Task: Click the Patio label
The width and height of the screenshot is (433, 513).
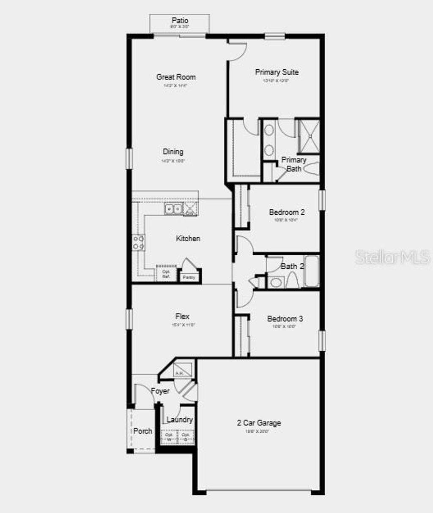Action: tap(180, 21)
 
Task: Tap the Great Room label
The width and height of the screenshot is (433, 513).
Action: tap(176, 77)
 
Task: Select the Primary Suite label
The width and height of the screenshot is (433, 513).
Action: tap(277, 72)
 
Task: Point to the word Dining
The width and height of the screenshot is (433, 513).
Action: tap(173, 152)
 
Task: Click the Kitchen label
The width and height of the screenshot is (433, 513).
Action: tap(188, 239)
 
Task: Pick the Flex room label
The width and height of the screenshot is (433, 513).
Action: tap(182, 317)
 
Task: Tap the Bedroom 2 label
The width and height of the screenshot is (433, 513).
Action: tap(287, 212)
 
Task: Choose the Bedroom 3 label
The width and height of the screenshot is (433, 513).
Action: tap(285, 319)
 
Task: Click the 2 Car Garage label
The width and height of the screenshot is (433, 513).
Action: tap(259, 423)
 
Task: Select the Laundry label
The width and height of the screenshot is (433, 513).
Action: tap(180, 420)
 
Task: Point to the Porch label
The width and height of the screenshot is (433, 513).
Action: tap(143, 431)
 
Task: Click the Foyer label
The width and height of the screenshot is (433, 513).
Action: tap(160, 391)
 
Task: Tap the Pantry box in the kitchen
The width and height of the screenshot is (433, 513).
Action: tap(189, 277)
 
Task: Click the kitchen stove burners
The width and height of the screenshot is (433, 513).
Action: tap(138, 242)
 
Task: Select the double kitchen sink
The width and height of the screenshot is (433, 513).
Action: tap(173, 209)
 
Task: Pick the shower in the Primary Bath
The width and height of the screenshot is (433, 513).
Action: tap(309, 136)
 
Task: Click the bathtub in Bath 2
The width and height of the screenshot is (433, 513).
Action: tap(312, 271)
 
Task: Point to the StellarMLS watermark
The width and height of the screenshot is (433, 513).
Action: tap(393, 257)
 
